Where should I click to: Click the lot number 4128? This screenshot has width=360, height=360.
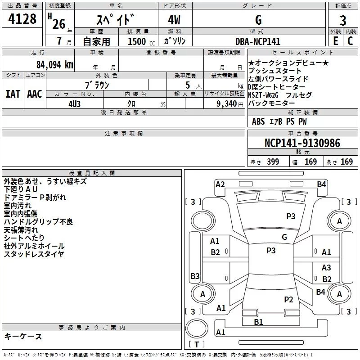[x=22, y=20]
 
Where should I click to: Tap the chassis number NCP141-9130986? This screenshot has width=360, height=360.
[x=302, y=143]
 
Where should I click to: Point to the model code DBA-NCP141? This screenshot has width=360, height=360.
[x=257, y=41]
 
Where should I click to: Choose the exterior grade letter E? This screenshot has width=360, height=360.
[x=335, y=41]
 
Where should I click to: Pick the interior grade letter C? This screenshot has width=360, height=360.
[x=350, y=41]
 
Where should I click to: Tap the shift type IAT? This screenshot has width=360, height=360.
[x=13, y=94]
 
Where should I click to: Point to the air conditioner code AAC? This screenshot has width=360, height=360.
[x=34, y=94]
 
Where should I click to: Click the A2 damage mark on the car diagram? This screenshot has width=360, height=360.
[x=220, y=184]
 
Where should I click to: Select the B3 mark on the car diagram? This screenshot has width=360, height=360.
[x=195, y=276]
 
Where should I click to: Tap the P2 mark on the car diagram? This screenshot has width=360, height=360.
[x=288, y=299]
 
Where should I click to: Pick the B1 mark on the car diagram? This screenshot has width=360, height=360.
[x=258, y=322]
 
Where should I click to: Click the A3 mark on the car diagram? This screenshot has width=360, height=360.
[x=326, y=267]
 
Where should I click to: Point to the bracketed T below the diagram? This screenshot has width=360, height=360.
[x=197, y=344]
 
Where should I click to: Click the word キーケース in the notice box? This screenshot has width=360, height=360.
[x=23, y=336]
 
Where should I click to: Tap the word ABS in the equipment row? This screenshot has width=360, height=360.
[x=258, y=121]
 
